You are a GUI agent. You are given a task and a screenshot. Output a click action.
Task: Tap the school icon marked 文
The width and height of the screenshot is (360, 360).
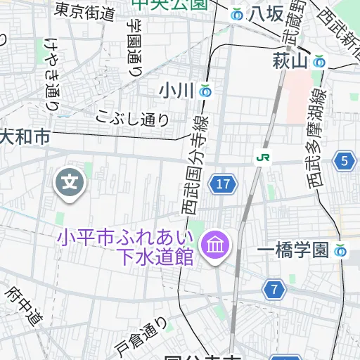[70, 184]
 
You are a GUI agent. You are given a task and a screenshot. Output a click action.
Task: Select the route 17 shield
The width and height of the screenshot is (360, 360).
[223, 184]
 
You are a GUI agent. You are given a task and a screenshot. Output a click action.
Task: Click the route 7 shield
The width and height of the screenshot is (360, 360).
[276, 288]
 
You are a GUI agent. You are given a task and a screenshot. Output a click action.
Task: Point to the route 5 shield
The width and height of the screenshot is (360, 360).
[344, 162]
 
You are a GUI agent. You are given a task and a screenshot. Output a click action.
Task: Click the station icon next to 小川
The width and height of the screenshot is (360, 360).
[205, 91]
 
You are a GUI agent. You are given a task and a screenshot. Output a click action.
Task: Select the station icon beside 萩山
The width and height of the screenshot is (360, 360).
[320, 62]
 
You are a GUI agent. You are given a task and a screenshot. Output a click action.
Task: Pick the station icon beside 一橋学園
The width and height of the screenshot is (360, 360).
[341, 250]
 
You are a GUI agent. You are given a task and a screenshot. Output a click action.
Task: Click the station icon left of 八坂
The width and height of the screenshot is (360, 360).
[237, 14]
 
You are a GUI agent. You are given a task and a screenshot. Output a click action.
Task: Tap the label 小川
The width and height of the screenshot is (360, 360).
[176, 91]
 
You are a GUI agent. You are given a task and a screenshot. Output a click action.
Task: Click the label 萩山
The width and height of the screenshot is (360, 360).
[290, 62]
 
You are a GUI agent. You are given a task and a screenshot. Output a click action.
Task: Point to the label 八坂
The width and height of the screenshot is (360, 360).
[266, 14]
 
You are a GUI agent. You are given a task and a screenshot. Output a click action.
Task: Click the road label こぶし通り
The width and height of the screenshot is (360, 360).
[134, 118]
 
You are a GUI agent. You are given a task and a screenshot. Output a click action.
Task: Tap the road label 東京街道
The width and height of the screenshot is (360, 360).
[85, 12]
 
